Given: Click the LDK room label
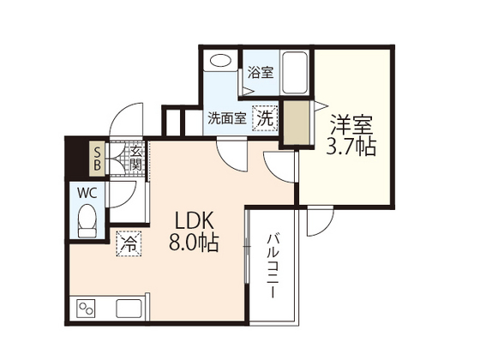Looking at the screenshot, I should point(195,219).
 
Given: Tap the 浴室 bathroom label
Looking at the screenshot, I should point(261,73).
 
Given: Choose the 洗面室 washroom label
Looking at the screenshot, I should point(227,119).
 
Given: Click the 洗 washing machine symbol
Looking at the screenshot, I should point(266,118).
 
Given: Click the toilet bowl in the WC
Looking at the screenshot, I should point(87,223).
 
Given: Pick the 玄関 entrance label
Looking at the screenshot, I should point(136,158).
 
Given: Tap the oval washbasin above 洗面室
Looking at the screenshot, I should point(220,63).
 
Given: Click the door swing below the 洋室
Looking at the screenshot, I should point(319,222).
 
